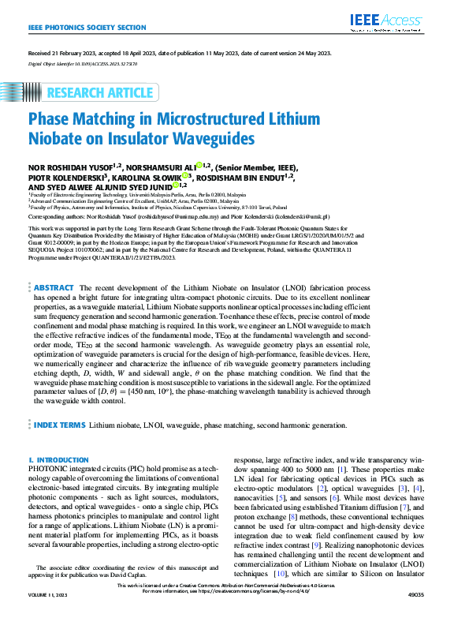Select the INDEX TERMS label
click(60, 425)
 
